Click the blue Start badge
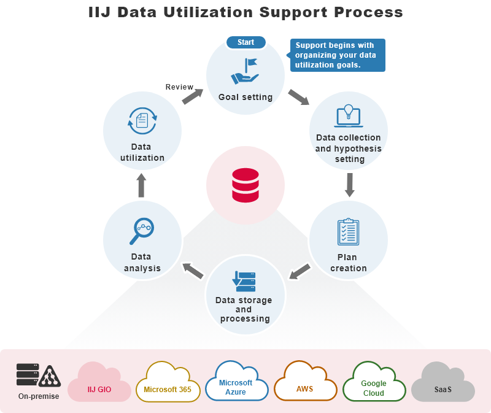click(245, 42)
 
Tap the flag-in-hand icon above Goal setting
click(245, 71)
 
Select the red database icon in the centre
click(245, 185)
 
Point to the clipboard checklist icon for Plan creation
click(348, 232)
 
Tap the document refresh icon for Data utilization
click(142, 121)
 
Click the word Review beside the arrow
click(179, 87)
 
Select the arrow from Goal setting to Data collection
click(299, 97)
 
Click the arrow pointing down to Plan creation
click(349, 185)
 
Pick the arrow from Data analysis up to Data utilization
click(141, 185)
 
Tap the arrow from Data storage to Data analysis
click(193, 271)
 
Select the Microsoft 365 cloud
click(168, 385)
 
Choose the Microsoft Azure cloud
click(236, 384)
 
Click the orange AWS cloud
click(305, 385)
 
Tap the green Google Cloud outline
click(374, 385)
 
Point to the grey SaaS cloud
click(443, 385)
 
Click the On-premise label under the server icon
click(39, 396)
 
